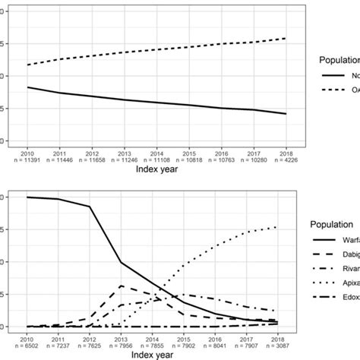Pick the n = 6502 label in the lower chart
click(x=27, y=346)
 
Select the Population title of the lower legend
click(x=334, y=226)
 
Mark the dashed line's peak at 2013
click(x=120, y=286)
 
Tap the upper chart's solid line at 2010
click(x=27, y=87)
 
